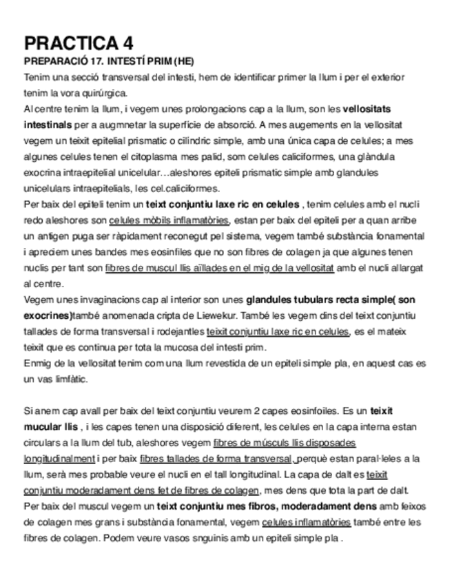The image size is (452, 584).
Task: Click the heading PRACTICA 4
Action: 79,43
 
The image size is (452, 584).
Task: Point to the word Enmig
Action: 37,363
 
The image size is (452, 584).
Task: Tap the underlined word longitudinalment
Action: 59,458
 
